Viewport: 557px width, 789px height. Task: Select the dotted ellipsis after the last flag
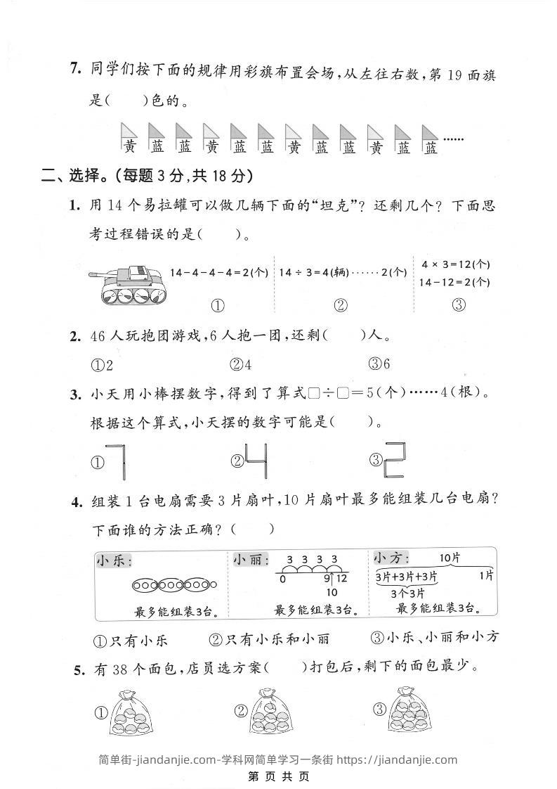pos(454,139)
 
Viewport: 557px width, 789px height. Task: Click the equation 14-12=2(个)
pos(455,282)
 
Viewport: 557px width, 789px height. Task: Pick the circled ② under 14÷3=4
pos(341,306)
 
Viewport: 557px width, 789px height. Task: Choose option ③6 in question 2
pos(379,364)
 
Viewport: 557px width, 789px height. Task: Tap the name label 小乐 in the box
pos(114,561)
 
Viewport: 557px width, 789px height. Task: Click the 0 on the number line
pos(282,579)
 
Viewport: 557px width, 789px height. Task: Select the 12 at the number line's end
pos(341,579)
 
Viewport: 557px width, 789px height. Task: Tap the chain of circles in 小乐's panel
pos(174,584)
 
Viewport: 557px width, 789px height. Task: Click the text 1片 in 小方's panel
pos(485,576)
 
